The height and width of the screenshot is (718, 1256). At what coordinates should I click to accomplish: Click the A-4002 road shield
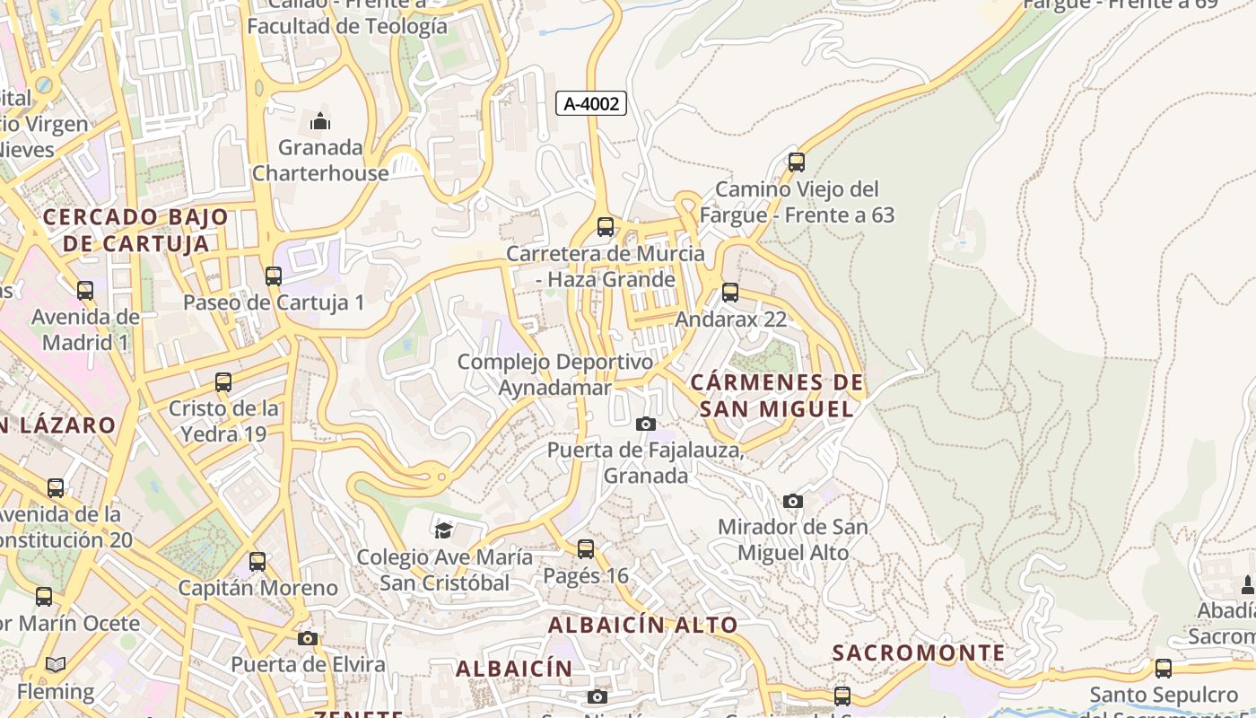click(x=590, y=103)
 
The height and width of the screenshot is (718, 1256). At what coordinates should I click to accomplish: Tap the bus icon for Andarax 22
click(x=730, y=293)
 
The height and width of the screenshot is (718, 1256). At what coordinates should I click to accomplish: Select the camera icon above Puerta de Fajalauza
click(x=645, y=424)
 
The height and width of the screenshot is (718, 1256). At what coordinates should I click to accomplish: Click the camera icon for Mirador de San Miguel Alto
click(x=792, y=501)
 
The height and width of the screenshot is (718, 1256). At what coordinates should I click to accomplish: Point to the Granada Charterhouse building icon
click(x=320, y=121)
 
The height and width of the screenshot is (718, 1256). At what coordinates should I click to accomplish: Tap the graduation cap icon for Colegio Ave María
click(x=443, y=530)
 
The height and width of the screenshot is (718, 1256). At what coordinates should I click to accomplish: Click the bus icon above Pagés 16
click(x=586, y=548)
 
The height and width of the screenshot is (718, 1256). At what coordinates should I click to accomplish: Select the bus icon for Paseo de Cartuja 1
click(x=274, y=276)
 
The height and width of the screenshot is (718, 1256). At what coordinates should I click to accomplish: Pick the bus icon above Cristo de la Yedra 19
click(x=223, y=382)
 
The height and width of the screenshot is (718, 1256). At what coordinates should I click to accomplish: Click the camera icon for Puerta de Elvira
click(x=308, y=638)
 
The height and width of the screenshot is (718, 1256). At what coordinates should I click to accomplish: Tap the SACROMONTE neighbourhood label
click(x=919, y=652)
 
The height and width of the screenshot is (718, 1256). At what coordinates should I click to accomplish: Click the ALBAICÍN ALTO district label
click(x=642, y=625)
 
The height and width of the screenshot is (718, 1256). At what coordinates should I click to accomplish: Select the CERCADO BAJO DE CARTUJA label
click(x=136, y=231)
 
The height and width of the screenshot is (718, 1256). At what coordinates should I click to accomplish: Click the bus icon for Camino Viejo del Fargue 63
click(x=796, y=162)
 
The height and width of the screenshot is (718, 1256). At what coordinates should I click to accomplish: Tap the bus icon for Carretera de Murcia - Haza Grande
click(x=606, y=227)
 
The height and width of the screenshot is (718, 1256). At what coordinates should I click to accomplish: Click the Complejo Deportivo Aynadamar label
click(x=555, y=374)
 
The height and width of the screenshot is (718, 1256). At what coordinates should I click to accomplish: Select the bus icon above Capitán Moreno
click(x=257, y=562)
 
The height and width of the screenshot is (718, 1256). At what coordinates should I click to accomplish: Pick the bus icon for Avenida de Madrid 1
click(x=85, y=291)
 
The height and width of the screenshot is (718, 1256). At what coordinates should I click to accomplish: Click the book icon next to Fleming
click(x=56, y=665)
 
